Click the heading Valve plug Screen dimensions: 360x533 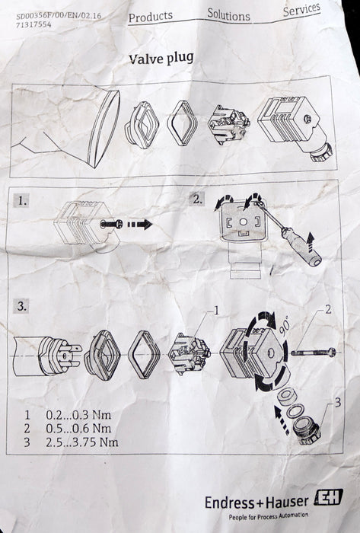click(x=161, y=58)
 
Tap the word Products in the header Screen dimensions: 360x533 click(x=151, y=17)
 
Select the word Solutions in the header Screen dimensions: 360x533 click(x=228, y=14)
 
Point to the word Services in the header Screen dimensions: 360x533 click(x=301, y=9)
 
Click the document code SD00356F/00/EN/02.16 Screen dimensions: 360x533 click(x=59, y=16)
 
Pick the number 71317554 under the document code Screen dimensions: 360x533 click(x=33, y=24)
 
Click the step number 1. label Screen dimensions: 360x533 click(x=22, y=201)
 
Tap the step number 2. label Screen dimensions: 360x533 click(x=197, y=199)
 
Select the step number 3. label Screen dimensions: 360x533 click(x=21, y=306)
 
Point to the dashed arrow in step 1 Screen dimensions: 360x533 click(x=139, y=225)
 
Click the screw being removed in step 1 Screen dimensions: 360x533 click(x=111, y=224)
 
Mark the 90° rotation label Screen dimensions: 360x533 click(x=285, y=326)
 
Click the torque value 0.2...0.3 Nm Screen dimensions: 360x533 click(x=78, y=415)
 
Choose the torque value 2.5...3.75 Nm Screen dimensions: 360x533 click(x=82, y=442)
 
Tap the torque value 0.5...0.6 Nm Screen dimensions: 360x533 click(x=78, y=428)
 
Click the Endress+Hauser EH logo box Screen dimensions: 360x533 click(x=328, y=497)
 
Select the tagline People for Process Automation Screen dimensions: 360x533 click(x=269, y=516)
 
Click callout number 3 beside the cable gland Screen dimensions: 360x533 click(x=338, y=403)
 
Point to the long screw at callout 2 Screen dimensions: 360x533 click(x=314, y=353)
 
